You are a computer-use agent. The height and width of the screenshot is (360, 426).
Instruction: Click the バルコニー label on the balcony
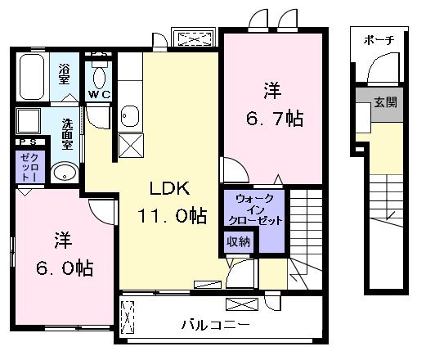click(215, 325)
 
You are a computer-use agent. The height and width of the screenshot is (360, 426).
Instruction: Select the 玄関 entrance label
click(386, 103)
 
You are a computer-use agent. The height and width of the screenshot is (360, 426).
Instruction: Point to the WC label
click(100, 95)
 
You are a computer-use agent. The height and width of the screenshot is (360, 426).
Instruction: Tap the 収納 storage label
click(240, 241)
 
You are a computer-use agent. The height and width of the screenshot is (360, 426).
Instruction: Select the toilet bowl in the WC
click(100, 76)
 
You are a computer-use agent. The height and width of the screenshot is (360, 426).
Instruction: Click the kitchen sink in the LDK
click(129, 115)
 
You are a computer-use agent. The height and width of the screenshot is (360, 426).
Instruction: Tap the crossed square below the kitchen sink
click(129, 147)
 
